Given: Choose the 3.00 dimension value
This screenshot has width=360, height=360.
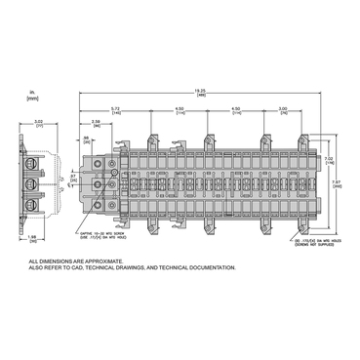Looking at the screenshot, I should tap(283, 109).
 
